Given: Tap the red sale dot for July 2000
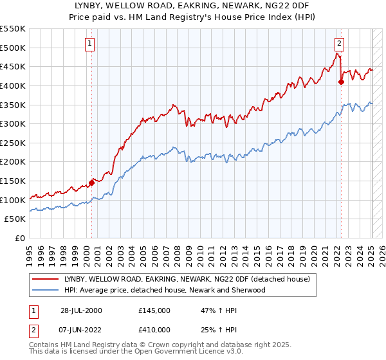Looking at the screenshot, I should click(92, 183).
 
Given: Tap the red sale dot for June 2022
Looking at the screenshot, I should click(342, 82).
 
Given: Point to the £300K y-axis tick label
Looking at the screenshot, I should click(13, 123).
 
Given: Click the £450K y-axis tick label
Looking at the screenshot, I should click(13, 66).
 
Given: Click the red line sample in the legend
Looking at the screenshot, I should click(46, 279).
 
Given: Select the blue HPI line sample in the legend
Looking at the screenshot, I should click(46, 290).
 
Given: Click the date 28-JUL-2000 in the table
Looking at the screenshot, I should click(81, 310).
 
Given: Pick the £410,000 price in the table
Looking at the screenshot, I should click(154, 329).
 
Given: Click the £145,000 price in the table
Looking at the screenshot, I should click(154, 310).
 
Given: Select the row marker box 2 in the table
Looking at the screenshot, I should click(32, 329).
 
